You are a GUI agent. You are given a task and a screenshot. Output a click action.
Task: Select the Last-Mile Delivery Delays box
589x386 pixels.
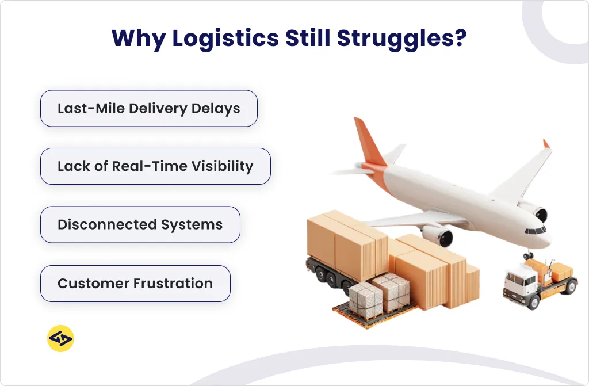click(148, 108)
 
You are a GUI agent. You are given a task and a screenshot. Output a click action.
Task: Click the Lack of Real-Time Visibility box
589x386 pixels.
click(155, 166)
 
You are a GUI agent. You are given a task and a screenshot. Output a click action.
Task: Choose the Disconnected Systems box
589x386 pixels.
click(140, 224)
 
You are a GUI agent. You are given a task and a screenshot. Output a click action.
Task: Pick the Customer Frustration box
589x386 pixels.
click(135, 283)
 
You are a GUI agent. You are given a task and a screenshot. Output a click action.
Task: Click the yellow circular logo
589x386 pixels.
click(60, 339)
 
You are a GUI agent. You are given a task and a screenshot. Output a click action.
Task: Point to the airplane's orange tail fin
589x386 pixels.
click(366, 142)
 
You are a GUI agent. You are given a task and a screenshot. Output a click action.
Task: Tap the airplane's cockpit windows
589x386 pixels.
click(537, 230)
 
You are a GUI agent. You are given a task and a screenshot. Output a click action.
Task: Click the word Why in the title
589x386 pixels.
click(136, 39)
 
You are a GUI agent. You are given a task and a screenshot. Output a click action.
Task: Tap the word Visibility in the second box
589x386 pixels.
click(221, 166)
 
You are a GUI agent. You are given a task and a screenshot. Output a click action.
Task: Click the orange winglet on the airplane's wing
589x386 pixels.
click(546, 144)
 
